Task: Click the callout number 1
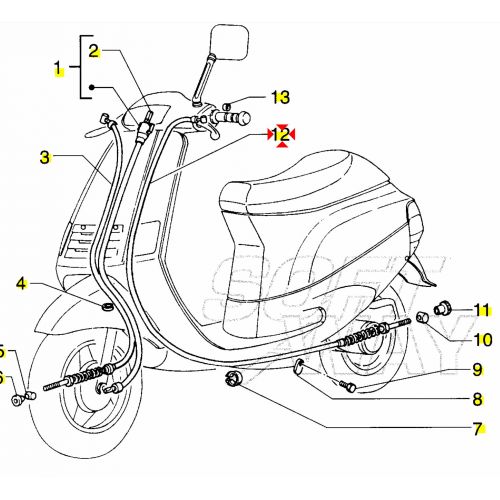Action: tap(58, 70)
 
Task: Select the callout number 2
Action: tap(94, 50)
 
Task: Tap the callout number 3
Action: tap(46, 158)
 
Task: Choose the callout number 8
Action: tap(477, 400)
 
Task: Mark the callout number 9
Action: tap(477, 369)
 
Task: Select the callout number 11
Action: tap(481, 309)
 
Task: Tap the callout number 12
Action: tap(282, 133)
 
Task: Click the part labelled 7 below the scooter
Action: tap(235, 379)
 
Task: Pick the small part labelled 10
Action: tap(422, 317)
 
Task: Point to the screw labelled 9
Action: tap(347, 385)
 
